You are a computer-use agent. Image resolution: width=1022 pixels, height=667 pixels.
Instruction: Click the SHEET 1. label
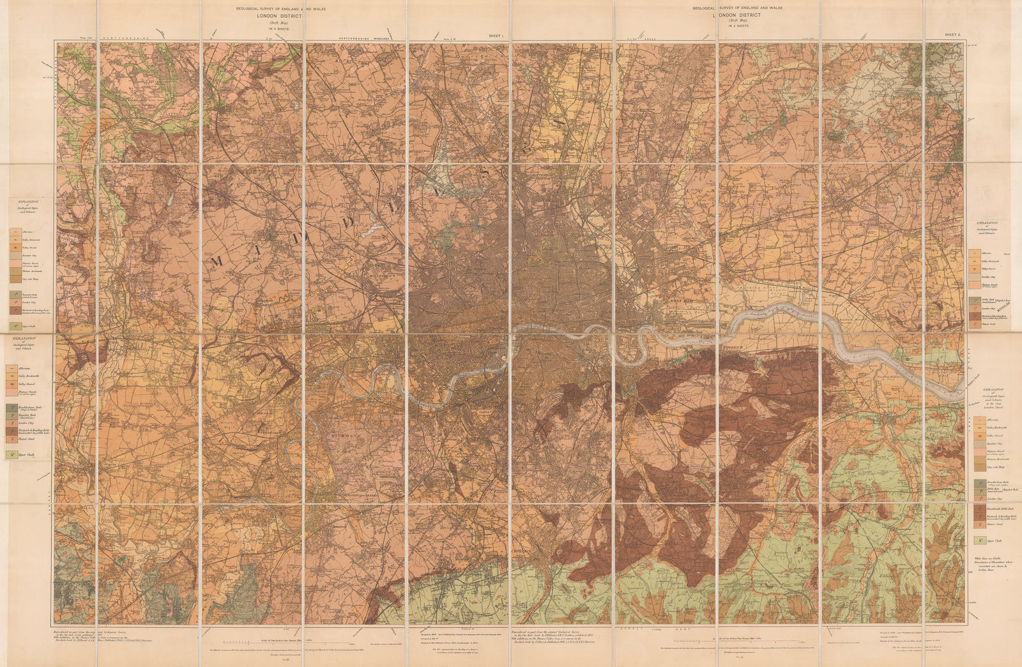497,37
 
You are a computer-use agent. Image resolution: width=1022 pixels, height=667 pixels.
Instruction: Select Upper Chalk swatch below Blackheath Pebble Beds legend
978,540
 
